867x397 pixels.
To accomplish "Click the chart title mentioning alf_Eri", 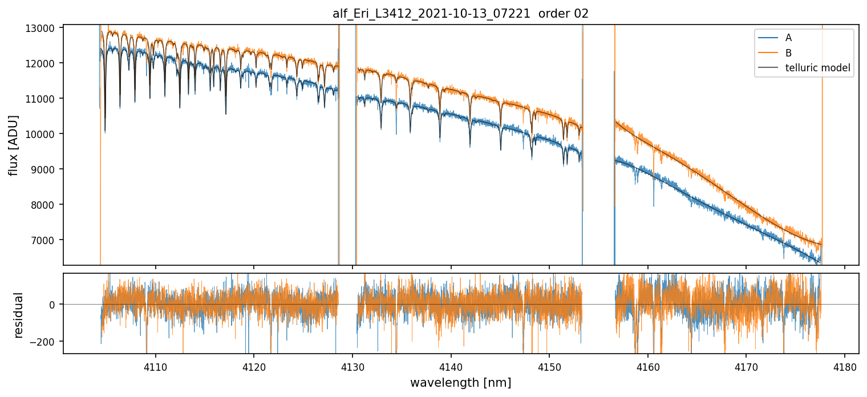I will (x=460, y=14).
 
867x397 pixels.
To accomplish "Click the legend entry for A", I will (x=788, y=38).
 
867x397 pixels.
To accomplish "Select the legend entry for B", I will (x=788, y=53).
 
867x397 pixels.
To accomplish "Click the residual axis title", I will (x=18, y=315).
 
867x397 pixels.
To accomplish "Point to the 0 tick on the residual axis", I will (x=52, y=305).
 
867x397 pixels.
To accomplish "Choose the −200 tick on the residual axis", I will (x=46, y=342).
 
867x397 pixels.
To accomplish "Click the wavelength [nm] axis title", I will (x=460, y=382).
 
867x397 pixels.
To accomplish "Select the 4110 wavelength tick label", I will (x=155, y=366).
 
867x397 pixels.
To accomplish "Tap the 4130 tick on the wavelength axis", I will (x=353, y=366).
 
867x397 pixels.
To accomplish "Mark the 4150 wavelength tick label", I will (x=549, y=366).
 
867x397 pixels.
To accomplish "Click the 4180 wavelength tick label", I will (x=845, y=366).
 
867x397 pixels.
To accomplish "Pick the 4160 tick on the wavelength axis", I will (x=648, y=366).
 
